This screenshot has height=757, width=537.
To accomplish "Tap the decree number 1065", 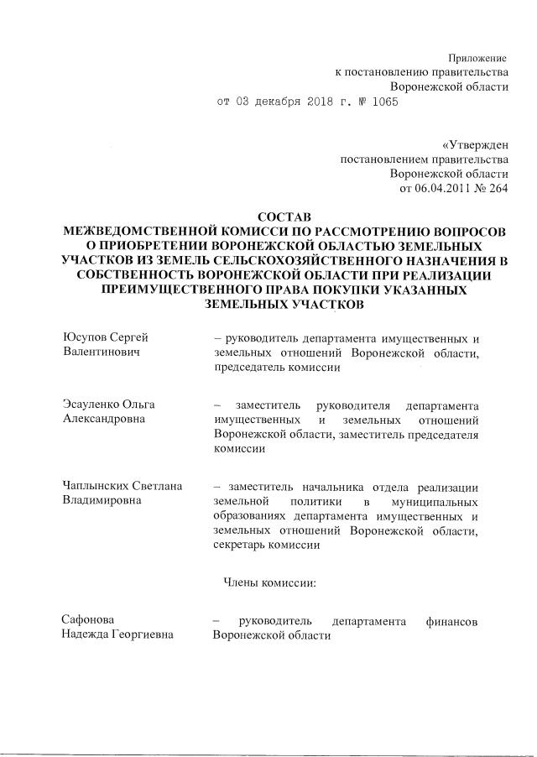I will click(383, 102).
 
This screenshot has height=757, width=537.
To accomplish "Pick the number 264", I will click(497, 189).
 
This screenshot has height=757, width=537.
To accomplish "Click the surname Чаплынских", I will click(96, 486).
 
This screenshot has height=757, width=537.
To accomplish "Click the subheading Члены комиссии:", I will click(268, 580).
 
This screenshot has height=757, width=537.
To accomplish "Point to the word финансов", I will click(452, 622).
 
